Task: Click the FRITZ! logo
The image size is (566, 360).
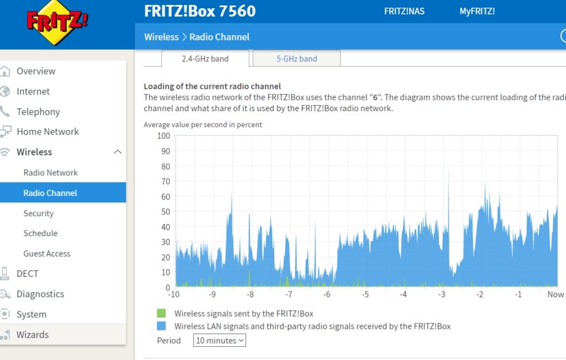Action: (57, 23)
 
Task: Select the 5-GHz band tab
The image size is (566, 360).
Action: (297, 59)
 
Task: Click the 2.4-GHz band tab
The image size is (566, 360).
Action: (205, 59)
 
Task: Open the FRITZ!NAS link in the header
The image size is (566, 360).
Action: (404, 11)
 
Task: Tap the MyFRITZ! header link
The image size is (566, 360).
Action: (477, 11)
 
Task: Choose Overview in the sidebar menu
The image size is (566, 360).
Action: (36, 71)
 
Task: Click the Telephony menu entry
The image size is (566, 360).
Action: (38, 112)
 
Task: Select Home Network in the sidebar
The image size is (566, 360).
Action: (48, 132)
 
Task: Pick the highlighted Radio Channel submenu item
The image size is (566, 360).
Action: (50, 193)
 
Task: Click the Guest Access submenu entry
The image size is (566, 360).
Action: (47, 254)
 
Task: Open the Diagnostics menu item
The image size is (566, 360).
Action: (40, 294)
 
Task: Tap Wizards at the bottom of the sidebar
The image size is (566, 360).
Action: (33, 335)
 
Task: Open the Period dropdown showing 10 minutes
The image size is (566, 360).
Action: (219, 341)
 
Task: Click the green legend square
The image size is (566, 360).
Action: (161, 314)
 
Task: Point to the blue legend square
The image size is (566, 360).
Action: (161, 326)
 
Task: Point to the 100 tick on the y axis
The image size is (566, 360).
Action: (164, 135)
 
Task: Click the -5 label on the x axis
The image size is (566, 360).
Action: (365, 295)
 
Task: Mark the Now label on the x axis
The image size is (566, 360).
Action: (555, 295)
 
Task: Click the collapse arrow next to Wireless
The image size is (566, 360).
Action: (118, 152)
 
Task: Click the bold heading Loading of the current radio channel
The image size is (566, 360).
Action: (212, 86)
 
